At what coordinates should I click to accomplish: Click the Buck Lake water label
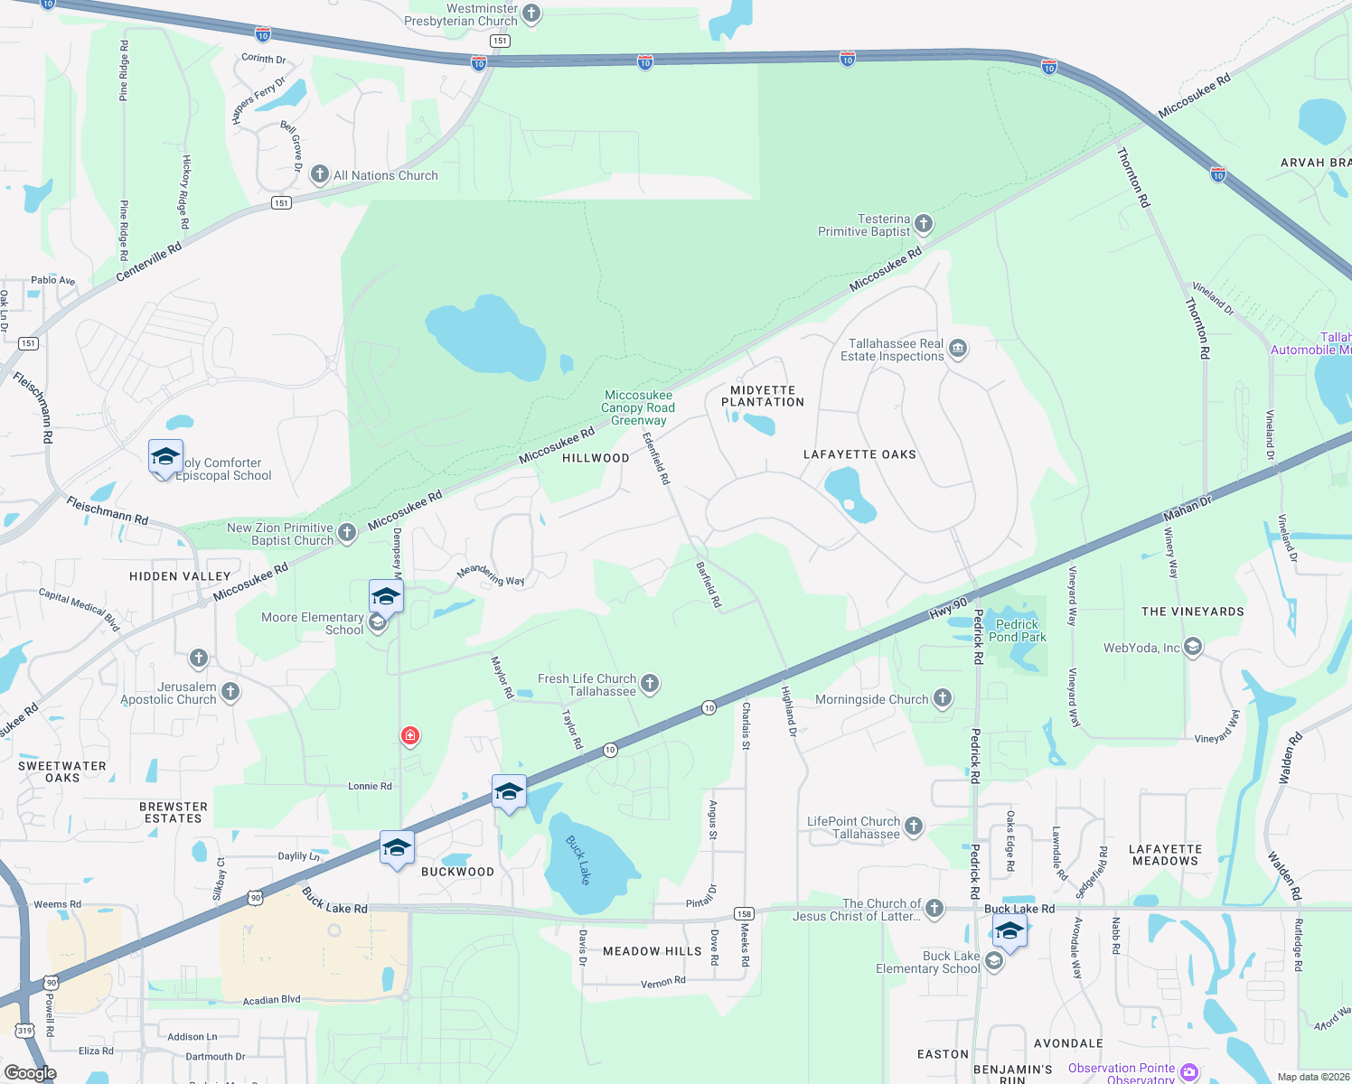click(578, 859)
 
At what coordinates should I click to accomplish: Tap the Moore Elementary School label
click(313, 623)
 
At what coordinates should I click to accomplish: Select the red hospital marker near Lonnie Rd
click(410, 736)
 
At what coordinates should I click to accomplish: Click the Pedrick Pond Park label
click(1018, 631)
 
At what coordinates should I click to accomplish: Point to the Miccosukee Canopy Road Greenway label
click(638, 407)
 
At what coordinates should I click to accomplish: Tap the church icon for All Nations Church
click(320, 174)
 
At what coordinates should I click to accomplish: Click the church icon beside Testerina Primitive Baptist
click(923, 223)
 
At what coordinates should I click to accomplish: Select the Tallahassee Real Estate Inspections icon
click(958, 349)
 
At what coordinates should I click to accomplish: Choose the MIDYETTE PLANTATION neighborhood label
click(763, 397)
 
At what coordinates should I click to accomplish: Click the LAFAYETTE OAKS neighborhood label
click(859, 454)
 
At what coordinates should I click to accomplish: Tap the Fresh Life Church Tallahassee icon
click(650, 684)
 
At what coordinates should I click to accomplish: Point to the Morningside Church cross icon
click(943, 697)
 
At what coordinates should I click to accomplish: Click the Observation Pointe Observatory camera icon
click(1189, 1072)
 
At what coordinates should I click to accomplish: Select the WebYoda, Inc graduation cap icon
click(1193, 646)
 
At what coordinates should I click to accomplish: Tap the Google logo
click(31, 1073)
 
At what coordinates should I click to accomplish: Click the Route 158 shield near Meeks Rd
click(744, 913)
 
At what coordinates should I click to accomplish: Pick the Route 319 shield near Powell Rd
click(25, 1031)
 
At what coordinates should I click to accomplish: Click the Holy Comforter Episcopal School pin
click(165, 457)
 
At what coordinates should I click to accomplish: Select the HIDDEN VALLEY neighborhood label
click(180, 576)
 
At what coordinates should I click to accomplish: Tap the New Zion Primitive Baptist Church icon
click(347, 533)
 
